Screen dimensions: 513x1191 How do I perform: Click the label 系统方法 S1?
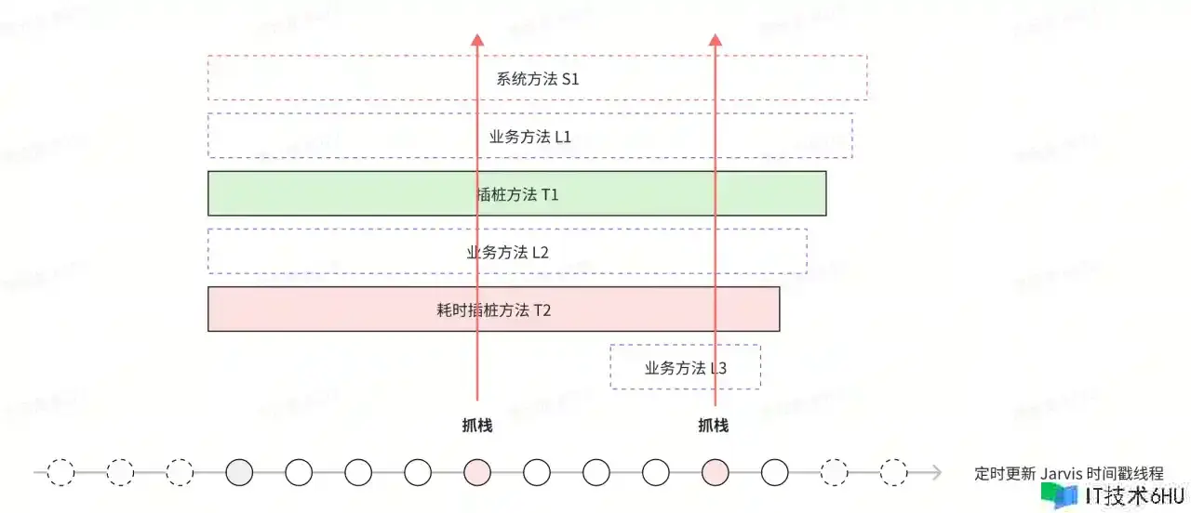pyautogui.click(x=538, y=79)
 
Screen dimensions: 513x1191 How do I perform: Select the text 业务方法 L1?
pyautogui.click(x=530, y=137)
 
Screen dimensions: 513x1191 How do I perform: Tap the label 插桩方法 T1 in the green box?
pyautogui.click(x=517, y=194)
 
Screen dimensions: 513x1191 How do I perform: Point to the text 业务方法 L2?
pyautogui.click(x=508, y=252)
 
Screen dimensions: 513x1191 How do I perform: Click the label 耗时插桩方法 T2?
pyautogui.click(x=494, y=309)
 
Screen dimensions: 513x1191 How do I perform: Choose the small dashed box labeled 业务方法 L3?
pyautogui.click(x=685, y=367)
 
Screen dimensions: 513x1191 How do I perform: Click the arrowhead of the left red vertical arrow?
pyautogui.click(x=477, y=40)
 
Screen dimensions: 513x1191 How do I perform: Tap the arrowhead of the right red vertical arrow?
pyautogui.click(x=716, y=40)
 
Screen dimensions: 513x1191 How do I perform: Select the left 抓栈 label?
pyautogui.click(x=477, y=426)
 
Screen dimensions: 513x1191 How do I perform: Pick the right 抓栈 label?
pyautogui.click(x=714, y=426)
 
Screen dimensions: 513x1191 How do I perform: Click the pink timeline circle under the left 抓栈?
pyautogui.click(x=477, y=473)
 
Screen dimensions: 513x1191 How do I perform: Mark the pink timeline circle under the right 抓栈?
pyautogui.click(x=715, y=473)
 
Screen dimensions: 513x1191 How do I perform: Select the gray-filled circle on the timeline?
pyautogui.click(x=239, y=473)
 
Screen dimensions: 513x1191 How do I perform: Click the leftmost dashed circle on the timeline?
pyautogui.click(x=60, y=473)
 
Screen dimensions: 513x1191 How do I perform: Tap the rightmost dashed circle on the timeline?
pyautogui.click(x=893, y=473)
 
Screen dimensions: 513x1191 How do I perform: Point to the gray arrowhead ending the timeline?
pyautogui.click(x=935, y=473)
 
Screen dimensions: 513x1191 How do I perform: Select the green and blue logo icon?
pyautogui.click(x=1059, y=496)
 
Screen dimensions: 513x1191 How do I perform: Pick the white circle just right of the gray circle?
pyautogui.click(x=299, y=473)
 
